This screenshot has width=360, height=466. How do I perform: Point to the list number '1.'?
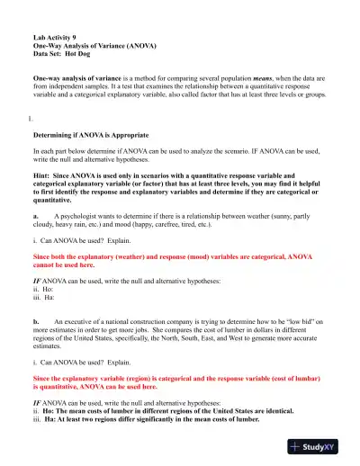pyautogui.click(x=31, y=116)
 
